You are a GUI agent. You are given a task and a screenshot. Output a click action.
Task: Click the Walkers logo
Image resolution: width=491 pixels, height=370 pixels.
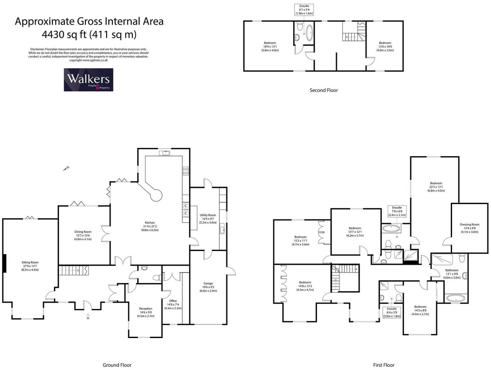(x=88, y=80)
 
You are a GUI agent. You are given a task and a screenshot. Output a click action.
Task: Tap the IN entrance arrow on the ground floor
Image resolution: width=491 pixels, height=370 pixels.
(x=88, y=316)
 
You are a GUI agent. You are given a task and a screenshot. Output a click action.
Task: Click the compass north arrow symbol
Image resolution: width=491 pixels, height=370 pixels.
(x=67, y=168)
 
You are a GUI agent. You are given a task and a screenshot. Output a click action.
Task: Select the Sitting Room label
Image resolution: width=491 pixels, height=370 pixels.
(x=30, y=262)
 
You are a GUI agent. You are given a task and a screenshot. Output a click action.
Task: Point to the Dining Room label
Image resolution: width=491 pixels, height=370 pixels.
(x=83, y=232)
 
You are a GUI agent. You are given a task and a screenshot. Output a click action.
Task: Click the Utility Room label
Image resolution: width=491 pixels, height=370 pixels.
(x=208, y=215)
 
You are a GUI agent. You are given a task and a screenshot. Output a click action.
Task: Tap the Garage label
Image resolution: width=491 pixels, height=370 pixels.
(x=208, y=284)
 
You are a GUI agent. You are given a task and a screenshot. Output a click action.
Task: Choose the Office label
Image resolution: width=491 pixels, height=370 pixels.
(x=173, y=301)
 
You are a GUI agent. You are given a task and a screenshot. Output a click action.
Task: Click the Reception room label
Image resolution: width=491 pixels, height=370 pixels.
(x=146, y=309)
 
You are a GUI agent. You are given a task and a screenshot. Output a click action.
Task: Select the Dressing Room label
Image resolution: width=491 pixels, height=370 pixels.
(x=469, y=225)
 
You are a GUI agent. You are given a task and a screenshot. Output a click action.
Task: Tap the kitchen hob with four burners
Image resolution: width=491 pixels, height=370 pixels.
(x=186, y=171)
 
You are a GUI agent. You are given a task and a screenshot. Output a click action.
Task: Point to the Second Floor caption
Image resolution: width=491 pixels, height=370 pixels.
(x=324, y=90)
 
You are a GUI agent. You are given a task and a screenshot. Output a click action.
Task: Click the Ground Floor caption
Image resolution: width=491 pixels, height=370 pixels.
(x=117, y=365)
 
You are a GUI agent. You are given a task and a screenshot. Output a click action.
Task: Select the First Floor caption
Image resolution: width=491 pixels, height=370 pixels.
(x=384, y=365)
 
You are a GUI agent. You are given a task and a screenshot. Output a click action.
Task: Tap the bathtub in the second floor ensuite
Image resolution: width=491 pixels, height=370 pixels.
(x=310, y=33)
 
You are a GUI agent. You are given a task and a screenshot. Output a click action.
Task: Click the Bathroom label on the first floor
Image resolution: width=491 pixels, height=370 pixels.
(x=451, y=270)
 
